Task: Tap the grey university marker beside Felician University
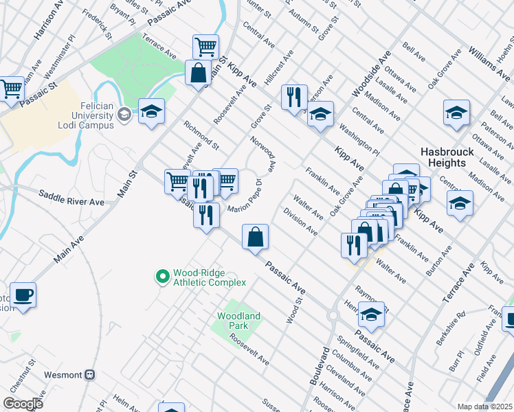coord(124,114)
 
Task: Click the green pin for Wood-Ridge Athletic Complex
coord(163,277)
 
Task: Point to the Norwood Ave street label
coord(265,155)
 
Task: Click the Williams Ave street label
coord(489,60)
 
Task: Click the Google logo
coord(23,404)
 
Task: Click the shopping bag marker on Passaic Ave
coord(255,237)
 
